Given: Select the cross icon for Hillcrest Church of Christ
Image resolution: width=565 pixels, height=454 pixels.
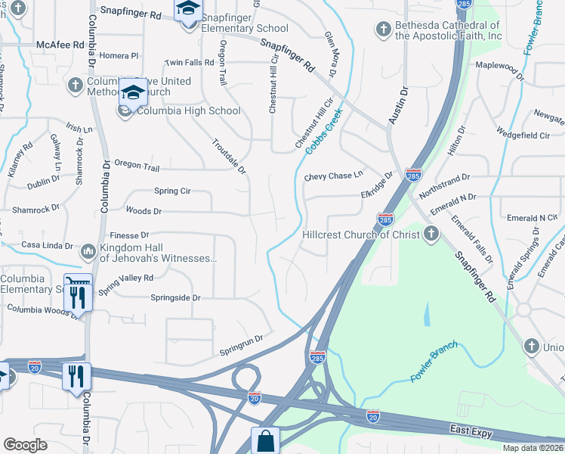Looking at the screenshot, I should [x=431, y=234].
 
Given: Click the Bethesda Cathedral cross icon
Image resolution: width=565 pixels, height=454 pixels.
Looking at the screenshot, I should [x=384, y=30].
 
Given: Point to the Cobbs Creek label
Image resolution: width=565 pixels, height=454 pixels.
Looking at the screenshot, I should [x=325, y=131].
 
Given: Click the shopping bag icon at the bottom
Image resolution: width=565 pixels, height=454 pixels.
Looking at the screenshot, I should [x=265, y=440].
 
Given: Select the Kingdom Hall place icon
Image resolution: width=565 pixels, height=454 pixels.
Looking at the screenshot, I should [x=88, y=250].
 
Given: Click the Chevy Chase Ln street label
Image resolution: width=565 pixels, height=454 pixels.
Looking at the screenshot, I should [x=334, y=176].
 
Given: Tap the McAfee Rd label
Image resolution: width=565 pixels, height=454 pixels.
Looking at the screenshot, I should [x=60, y=45].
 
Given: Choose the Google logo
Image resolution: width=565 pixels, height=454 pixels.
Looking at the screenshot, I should [x=25, y=445].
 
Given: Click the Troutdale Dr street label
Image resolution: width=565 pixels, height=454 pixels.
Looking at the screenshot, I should [x=229, y=156].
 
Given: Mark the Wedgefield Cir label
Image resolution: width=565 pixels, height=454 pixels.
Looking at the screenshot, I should [x=523, y=135].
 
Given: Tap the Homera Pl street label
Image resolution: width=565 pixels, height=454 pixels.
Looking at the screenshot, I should [x=119, y=56].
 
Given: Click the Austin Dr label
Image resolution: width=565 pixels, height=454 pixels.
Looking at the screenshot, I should [x=398, y=106].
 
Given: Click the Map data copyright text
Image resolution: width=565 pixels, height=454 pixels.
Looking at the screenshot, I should [x=533, y=448].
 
